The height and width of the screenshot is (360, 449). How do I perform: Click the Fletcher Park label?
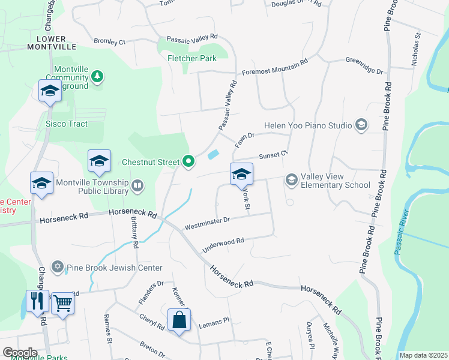click(192, 59)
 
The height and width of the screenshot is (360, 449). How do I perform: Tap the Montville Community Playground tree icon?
click(97, 76)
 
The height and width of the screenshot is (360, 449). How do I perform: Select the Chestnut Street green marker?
click(188, 161)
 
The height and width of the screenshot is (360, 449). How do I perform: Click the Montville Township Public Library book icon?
click(138, 187)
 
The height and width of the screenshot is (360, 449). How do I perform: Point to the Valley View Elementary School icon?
click(292, 180)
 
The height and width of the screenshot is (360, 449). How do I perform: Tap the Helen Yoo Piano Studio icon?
click(361, 125)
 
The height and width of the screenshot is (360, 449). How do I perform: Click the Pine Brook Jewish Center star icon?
click(58, 266)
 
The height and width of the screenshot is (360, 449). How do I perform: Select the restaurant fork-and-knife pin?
click(37, 301)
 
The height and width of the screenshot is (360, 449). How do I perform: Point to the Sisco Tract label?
click(67, 124)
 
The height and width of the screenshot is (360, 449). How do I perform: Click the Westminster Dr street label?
click(207, 224)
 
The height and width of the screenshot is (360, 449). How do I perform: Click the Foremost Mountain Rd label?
click(274, 67)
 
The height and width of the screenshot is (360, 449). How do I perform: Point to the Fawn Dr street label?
click(245, 140)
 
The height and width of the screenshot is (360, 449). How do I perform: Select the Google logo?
click(20, 352)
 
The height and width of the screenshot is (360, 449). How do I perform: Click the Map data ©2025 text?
click(423, 355)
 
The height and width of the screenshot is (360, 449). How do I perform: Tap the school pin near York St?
click(241, 174)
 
